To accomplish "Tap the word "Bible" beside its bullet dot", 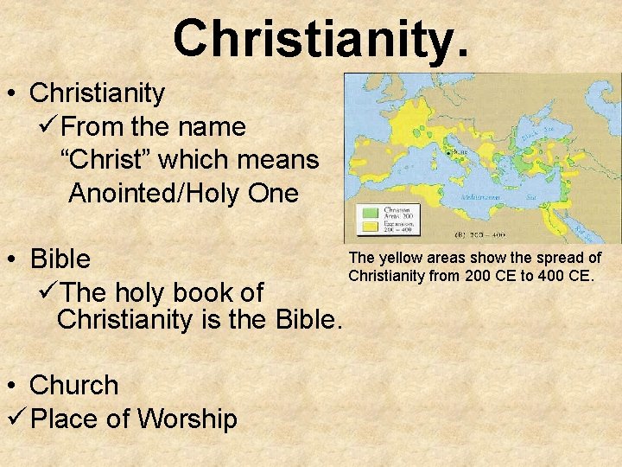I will click(x=60, y=259).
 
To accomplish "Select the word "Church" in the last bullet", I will click(x=73, y=385).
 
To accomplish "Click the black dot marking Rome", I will click(x=449, y=151).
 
